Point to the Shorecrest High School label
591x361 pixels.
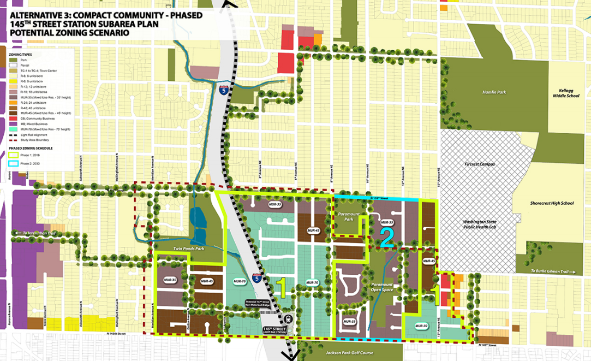coord(552,204)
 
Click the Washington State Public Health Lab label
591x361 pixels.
coord(479,225)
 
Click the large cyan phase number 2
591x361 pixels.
coord(387,238)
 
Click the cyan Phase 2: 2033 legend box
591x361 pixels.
coord(16,163)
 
